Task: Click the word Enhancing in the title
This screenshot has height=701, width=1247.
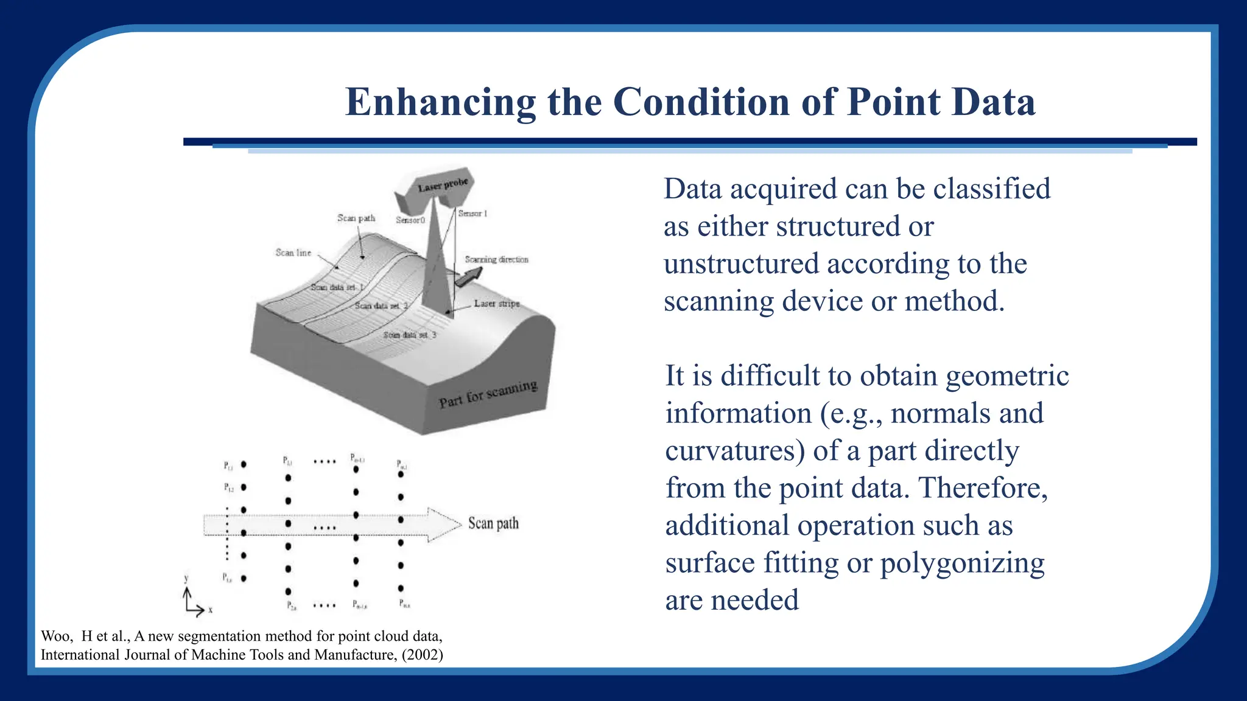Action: tap(440, 102)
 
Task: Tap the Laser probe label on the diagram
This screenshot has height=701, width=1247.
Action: tap(443, 184)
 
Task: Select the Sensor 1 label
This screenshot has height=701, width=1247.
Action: tap(472, 214)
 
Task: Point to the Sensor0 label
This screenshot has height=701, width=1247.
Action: tap(410, 220)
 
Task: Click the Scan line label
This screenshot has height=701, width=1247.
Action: tap(293, 253)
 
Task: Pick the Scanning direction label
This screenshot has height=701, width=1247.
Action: tap(496, 259)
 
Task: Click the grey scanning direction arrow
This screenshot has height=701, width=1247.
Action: tap(468, 277)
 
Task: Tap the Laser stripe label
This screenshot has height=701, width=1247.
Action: tap(497, 303)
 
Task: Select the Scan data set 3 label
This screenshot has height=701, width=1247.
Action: tap(409, 335)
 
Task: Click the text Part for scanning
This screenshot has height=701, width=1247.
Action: tap(488, 394)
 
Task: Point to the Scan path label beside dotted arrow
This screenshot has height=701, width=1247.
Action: tap(493, 523)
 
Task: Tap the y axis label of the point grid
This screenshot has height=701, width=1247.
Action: tap(186, 578)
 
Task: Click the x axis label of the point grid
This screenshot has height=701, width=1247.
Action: tap(211, 609)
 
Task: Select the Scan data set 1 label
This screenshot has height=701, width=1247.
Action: tap(337, 287)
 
